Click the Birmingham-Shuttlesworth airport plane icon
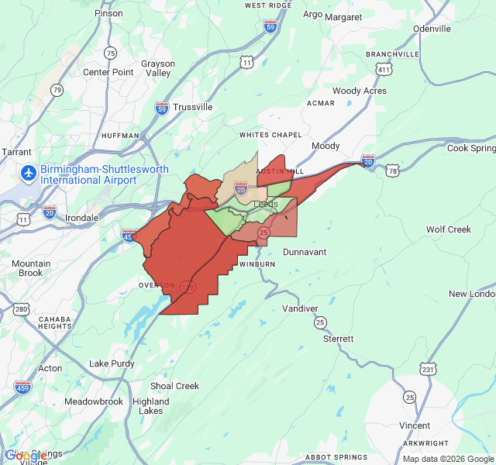pyautogui.click(x=29, y=170)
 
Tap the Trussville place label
pyautogui.click(x=193, y=107)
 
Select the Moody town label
pyautogui.click(x=325, y=146)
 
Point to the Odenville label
pyautogui.click(x=432, y=29)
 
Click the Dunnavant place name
pyautogui.click(x=305, y=252)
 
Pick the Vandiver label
pyautogui.click(x=300, y=308)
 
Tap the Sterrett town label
pyautogui.click(x=339, y=339)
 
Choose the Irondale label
pyautogui.click(x=81, y=218)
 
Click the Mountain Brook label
pyautogui.click(x=31, y=268)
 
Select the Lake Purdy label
pyautogui.click(x=112, y=363)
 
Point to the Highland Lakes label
pyautogui.click(x=150, y=406)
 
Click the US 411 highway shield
pyautogui.click(x=383, y=70)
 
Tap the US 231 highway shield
pyautogui.click(x=427, y=370)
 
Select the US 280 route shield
pyautogui.click(x=22, y=310)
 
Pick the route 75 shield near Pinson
pyautogui.click(x=111, y=53)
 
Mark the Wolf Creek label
pyautogui.click(x=449, y=229)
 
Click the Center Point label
pyautogui.click(x=108, y=73)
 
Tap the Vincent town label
pyautogui.click(x=415, y=425)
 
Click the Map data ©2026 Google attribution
pyautogui.click(x=448, y=458)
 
